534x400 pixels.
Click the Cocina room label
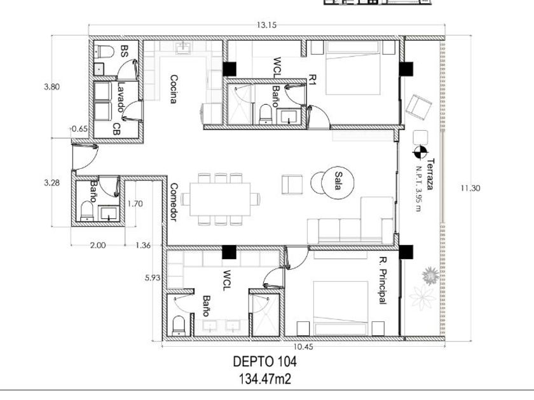tap(174, 89)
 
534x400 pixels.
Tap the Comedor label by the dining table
tap(174, 203)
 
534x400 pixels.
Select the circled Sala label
tap(338, 181)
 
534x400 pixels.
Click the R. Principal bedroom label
tap(383, 281)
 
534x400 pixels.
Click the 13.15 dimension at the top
tap(266, 25)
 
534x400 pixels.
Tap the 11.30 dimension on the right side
tap(470, 188)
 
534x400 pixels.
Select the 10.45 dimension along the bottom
tap(303, 347)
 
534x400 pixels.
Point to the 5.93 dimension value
tap(153, 277)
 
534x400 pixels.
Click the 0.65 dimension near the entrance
tap(79, 129)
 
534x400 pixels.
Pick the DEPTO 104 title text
tap(264, 361)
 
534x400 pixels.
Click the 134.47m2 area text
tap(265, 378)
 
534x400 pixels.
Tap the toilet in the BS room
tap(104, 51)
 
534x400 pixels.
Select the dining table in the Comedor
tap(220, 199)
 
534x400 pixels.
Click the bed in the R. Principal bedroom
tap(341, 308)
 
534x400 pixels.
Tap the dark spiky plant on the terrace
tap(430, 276)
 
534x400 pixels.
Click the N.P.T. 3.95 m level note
tap(418, 189)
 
